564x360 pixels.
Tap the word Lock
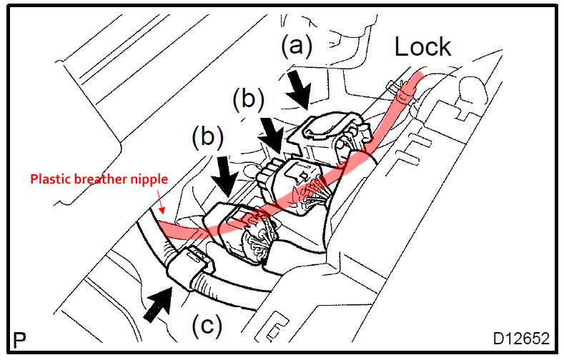pyautogui.click(x=423, y=46)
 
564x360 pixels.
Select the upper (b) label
pyautogui.click(x=248, y=99)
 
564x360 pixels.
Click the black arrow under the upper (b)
pyautogui.click(x=270, y=134)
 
